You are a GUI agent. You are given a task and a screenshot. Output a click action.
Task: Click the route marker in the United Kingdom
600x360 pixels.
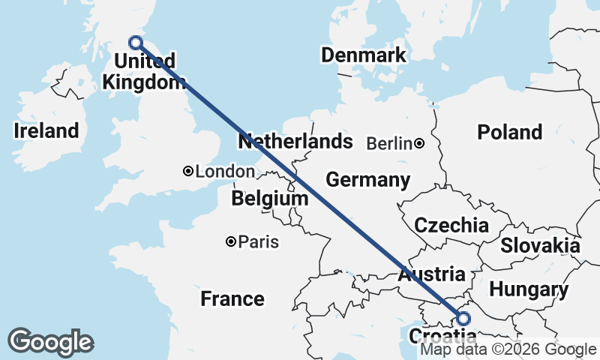(x=136, y=43)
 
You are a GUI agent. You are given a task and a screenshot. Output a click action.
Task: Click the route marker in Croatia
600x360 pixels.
(x=462, y=318)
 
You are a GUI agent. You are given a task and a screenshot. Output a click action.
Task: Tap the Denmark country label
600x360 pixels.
(x=363, y=55)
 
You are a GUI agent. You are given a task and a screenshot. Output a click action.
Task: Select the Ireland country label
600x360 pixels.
(x=46, y=130)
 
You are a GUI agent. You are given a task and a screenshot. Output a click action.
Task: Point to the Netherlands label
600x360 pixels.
(x=295, y=141)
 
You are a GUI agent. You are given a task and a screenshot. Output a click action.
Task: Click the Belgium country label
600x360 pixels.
(x=270, y=199)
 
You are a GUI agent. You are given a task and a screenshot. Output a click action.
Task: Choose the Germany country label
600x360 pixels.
(x=367, y=180)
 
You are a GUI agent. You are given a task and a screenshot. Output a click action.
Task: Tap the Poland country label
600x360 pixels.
(x=509, y=132)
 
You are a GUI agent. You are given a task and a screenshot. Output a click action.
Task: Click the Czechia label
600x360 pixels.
(x=451, y=225)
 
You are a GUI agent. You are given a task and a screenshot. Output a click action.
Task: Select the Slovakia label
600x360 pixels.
(x=540, y=245)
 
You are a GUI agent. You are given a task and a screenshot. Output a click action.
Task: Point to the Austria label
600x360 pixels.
(x=431, y=274)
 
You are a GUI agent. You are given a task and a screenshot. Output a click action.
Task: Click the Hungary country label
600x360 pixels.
(x=529, y=289)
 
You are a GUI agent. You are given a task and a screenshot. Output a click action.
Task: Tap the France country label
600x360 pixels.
(x=232, y=299)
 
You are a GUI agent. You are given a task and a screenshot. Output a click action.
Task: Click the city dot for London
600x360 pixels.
(x=188, y=172)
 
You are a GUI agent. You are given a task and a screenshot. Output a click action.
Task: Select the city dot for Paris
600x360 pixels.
(x=231, y=241)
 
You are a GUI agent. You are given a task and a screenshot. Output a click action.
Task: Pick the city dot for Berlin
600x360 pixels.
(x=419, y=143)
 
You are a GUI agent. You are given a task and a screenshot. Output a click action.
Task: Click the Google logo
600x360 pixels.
(x=50, y=342)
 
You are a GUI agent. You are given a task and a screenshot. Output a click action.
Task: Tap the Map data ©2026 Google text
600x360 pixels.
(x=508, y=349)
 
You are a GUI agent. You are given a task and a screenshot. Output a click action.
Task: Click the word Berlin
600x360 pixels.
(x=389, y=143)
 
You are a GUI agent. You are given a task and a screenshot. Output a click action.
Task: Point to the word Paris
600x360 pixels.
(x=259, y=242)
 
